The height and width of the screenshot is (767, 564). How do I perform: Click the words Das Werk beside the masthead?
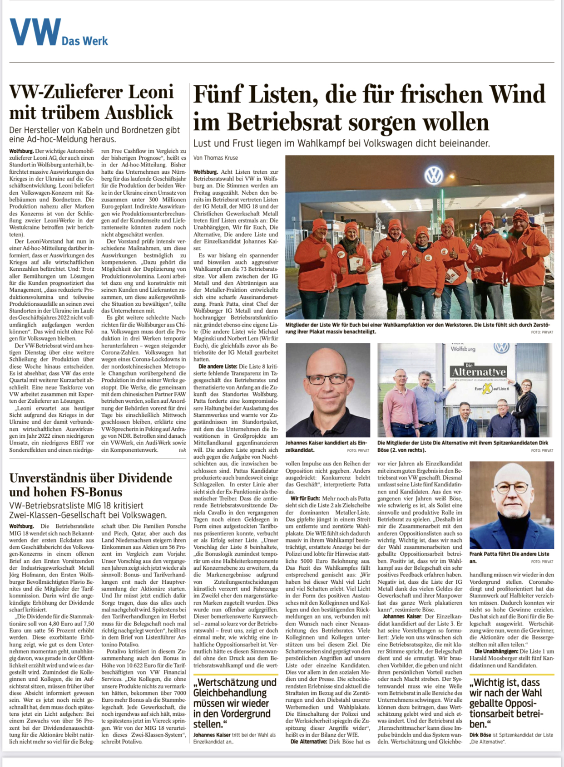[x=85, y=41]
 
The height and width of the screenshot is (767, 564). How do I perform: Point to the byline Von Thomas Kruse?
[x=215, y=158]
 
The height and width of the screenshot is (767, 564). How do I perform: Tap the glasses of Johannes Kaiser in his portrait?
[x=327, y=378]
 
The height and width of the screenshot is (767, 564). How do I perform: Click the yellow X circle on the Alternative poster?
[x=487, y=389]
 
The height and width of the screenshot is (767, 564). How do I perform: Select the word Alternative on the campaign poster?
[x=479, y=372]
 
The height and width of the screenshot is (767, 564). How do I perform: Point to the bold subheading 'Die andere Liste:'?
[x=218, y=366]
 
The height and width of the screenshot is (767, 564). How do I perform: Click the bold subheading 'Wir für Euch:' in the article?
[x=305, y=498]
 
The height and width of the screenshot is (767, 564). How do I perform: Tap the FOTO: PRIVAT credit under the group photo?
[x=542, y=332]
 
